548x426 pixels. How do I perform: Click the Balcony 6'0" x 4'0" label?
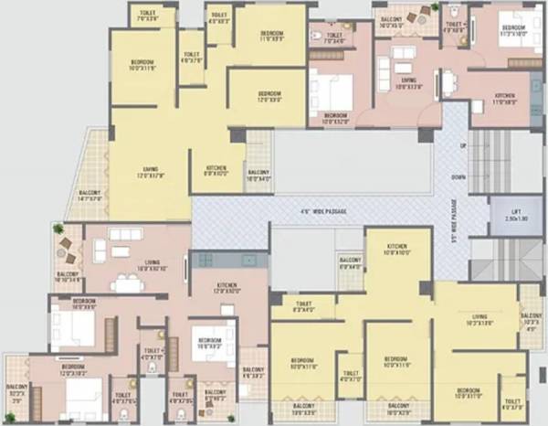(x=350, y=266)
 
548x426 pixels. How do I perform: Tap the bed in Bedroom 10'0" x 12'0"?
(x=332, y=91)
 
